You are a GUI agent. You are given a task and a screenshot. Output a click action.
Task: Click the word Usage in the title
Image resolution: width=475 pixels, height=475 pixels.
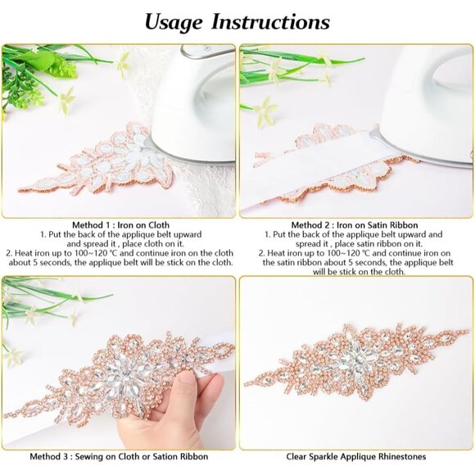pos(174,22)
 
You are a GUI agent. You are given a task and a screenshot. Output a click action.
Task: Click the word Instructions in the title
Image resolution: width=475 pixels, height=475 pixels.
pos(270,22)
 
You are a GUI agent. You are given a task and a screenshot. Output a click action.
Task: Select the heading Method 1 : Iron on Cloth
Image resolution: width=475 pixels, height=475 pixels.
pos(119,224)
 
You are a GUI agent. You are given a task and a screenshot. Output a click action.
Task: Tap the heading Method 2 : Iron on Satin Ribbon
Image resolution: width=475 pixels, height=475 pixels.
pos(356,224)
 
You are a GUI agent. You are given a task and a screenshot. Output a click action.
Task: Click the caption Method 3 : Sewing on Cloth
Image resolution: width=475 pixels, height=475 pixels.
pos(119,456)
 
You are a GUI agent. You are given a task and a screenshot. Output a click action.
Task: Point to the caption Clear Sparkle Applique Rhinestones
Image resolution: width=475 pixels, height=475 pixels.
pos(356,456)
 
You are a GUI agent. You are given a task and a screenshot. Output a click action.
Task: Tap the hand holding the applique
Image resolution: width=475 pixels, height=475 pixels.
pos(176,409)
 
